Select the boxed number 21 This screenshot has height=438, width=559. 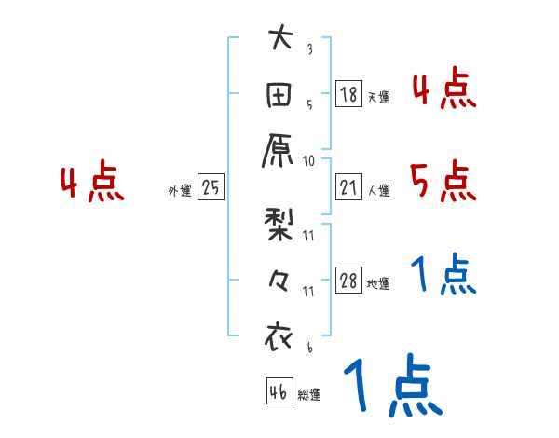click(x=349, y=187)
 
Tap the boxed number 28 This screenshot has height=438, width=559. click(x=349, y=281)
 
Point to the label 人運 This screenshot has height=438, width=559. click(x=378, y=190)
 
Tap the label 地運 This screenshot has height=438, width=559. click(x=378, y=284)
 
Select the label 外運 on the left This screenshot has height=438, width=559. click(x=180, y=190)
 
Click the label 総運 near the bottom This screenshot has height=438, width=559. click(x=309, y=394)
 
